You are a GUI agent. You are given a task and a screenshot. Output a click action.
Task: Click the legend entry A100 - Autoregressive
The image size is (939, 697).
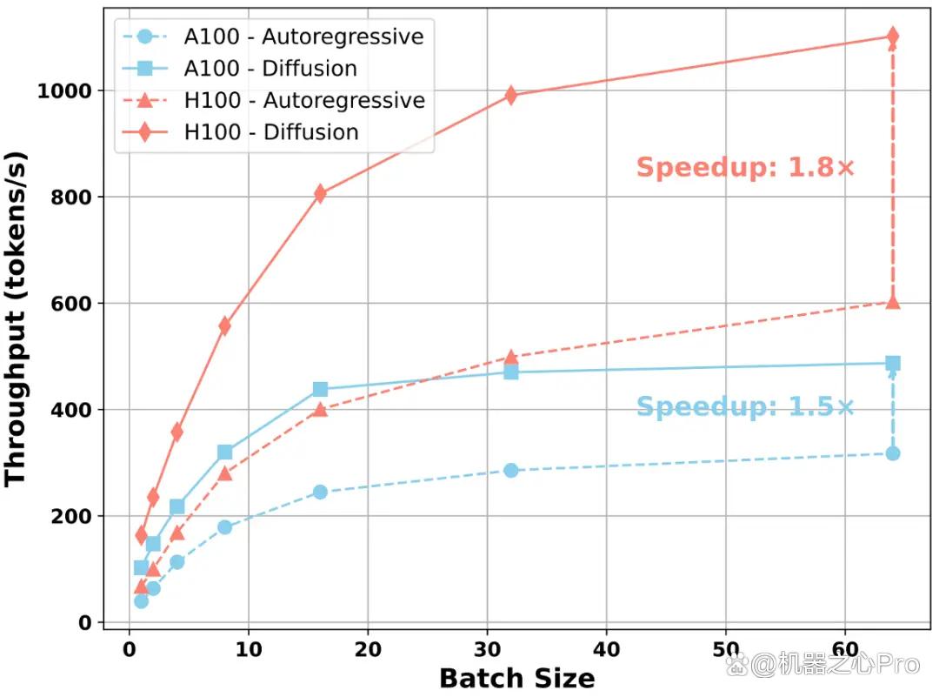273,37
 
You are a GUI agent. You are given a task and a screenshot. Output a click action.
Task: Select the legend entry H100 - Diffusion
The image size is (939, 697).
240,132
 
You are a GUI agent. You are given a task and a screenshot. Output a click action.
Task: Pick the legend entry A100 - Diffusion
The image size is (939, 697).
240,69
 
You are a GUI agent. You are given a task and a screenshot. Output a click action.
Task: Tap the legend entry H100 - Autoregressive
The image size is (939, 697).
274,100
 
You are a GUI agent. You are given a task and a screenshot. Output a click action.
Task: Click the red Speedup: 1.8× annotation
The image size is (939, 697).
746,167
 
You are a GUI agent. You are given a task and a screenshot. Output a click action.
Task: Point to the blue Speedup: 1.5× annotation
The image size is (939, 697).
745,407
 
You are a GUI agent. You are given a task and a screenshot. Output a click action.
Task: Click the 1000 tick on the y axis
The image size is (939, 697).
64,91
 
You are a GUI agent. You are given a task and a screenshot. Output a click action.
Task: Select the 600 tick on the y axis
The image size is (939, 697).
71,304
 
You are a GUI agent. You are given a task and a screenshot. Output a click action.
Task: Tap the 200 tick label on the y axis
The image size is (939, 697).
71,516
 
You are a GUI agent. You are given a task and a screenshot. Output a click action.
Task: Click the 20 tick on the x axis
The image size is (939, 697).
368,649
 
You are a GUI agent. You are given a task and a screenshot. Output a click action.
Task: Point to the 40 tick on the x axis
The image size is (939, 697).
607,649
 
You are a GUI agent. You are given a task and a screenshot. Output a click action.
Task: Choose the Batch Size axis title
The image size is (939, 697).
517,679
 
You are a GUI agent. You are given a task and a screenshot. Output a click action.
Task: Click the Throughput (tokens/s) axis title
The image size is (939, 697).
16,318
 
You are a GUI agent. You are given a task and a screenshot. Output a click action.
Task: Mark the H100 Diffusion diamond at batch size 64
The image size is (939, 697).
892,36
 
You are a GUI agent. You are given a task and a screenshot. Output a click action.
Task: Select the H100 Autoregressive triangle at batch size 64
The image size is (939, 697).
892,302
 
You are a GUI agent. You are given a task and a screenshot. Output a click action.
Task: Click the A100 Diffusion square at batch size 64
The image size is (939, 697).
892,363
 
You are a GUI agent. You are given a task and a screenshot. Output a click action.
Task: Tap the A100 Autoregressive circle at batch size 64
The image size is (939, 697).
892,453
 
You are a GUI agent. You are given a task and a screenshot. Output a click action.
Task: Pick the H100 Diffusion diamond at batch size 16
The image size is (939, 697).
320,193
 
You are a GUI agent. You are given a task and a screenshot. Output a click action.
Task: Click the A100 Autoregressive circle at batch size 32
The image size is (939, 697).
511,471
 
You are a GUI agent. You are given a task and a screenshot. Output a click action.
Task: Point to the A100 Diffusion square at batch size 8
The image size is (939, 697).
224,452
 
